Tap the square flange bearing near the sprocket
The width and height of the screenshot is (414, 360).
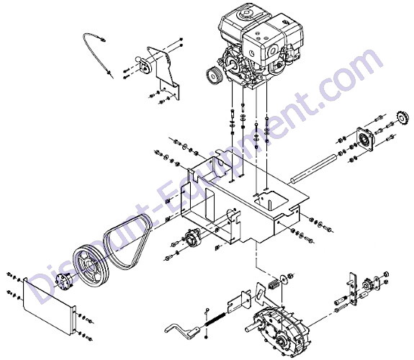[x=365, y=140]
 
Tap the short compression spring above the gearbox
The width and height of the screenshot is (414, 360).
[x=274, y=284]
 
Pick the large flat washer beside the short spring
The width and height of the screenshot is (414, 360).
[x=284, y=279]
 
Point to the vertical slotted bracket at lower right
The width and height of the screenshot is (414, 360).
[x=353, y=289]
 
